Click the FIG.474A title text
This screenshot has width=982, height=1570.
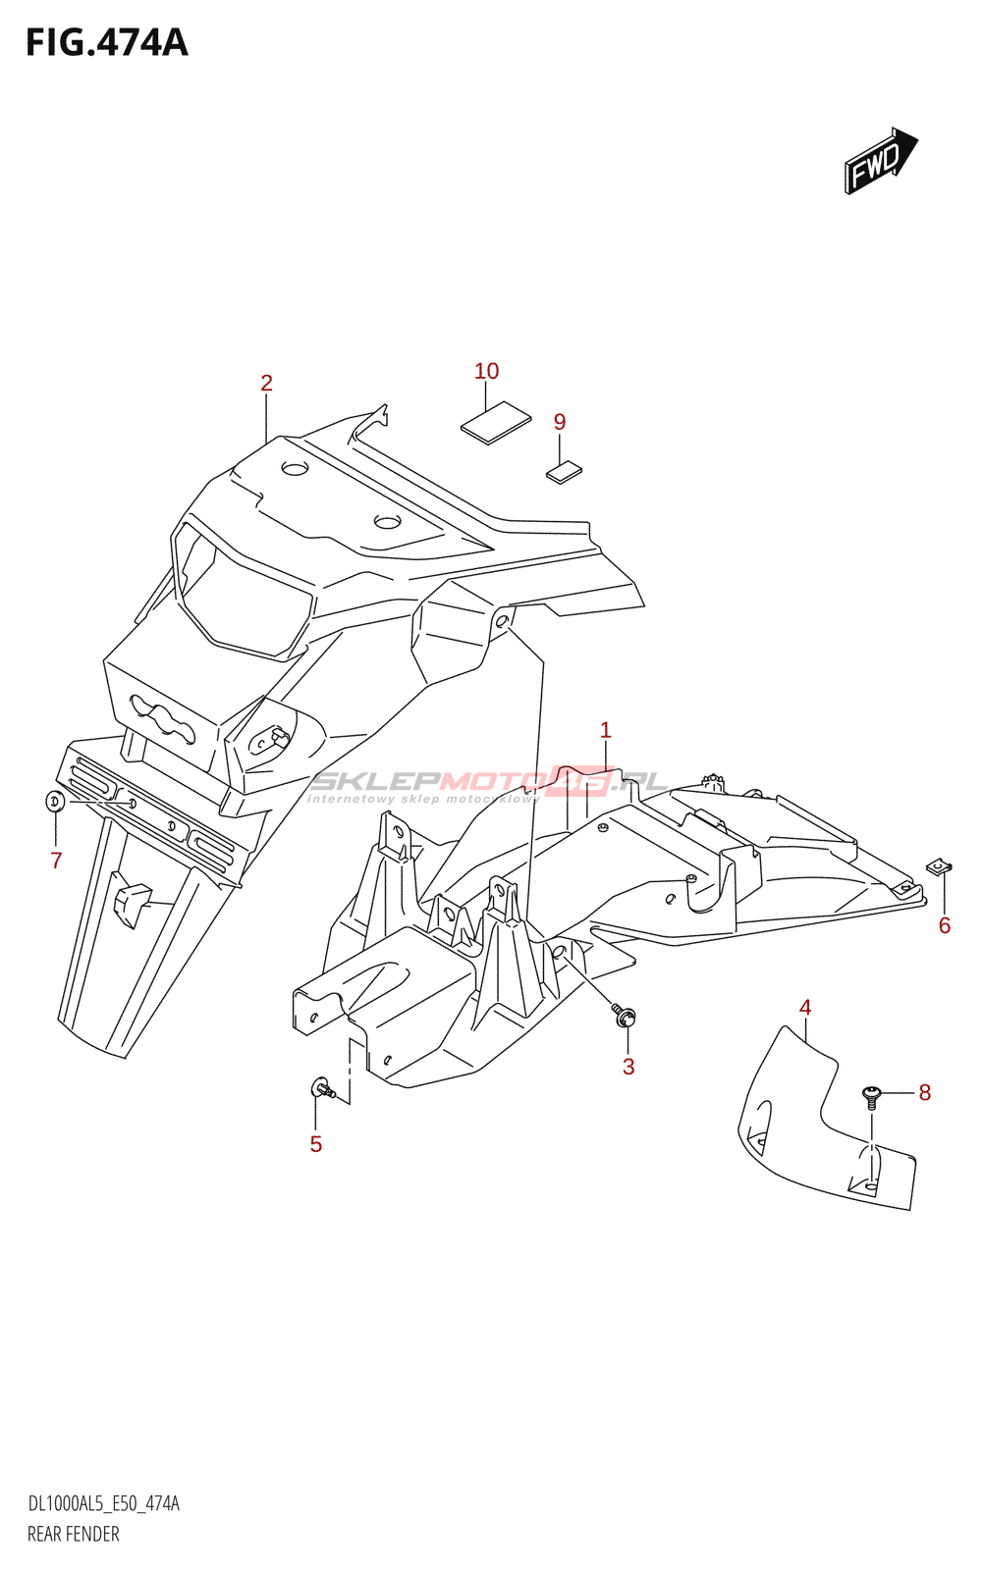106,43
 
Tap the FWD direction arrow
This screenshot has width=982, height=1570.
879,160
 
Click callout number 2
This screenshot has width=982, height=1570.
266,383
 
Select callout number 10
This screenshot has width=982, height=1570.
486,371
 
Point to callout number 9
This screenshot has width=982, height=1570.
560,422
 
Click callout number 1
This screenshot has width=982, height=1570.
606,730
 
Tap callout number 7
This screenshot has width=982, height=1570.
56,861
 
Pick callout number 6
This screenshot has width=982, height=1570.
945,925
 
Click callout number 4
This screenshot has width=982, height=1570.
805,1007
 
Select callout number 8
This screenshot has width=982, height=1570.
924,1092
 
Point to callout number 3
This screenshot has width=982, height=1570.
628,1067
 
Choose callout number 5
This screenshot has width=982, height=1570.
316,1144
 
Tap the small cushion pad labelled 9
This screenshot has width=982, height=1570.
564,473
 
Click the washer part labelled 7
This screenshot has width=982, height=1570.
56,802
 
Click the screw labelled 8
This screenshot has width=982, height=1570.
871,1094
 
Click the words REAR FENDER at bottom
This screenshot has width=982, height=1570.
74,1534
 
